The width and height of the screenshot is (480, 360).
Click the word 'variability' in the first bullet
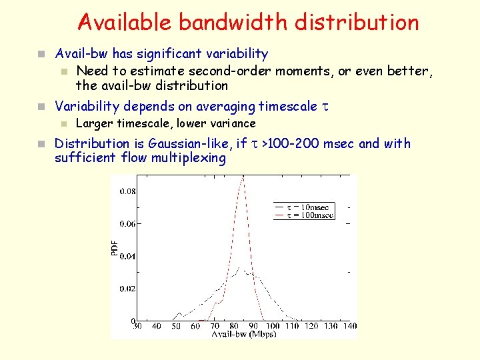[x=237, y=53]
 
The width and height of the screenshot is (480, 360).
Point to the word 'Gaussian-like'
[x=191, y=143]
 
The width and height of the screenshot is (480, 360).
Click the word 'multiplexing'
[x=189, y=158]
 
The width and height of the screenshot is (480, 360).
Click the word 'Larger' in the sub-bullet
[x=95, y=123]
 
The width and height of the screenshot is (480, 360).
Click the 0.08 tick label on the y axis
[x=127, y=191]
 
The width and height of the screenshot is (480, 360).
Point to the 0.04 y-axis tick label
[x=127, y=257]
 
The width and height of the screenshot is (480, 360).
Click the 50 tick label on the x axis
[x=176, y=326]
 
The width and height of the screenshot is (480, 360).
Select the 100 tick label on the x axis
[x=271, y=326]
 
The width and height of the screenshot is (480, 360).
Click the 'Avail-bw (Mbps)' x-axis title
[x=239, y=334]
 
